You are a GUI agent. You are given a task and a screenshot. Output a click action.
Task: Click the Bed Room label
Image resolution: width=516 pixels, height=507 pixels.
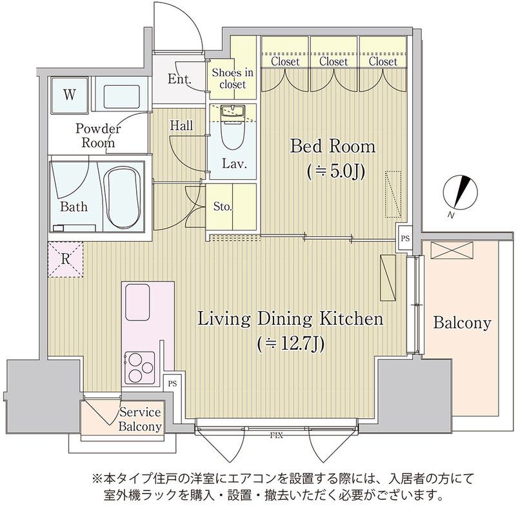pyautogui.click(x=332, y=146)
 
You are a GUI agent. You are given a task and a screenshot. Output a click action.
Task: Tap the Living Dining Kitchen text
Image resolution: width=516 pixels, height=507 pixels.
pyautogui.click(x=290, y=319)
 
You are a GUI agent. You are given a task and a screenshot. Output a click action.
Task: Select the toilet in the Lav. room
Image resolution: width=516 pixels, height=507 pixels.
pyautogui.click(x=230, y=129)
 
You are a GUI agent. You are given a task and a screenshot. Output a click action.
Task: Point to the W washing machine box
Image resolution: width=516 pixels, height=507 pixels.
pyautogui.click(x=68, y=95)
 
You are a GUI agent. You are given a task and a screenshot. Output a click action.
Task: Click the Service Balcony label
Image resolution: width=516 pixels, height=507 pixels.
pyautogui.click(x=139, y=419)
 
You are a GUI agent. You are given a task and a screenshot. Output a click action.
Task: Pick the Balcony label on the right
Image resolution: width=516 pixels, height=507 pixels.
pyautogui.click(x=462, y=323)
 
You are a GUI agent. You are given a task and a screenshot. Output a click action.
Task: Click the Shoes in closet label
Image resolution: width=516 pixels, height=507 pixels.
pyautogui.click(x=232, y=79)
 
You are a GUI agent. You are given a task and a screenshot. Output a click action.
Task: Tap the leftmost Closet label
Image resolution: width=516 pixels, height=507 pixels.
pyautogui.click(x=285, y=62)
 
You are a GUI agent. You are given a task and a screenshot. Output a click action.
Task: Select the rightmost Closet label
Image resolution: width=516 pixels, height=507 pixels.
pyautogui.click(x=383, y=62)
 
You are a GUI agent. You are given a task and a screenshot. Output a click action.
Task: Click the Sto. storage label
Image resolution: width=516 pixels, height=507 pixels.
pyautogui.click(x=223, y=207)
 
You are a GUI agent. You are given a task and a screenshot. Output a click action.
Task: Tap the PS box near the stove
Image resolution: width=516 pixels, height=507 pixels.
pyautogui.click(x=172, y=383)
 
